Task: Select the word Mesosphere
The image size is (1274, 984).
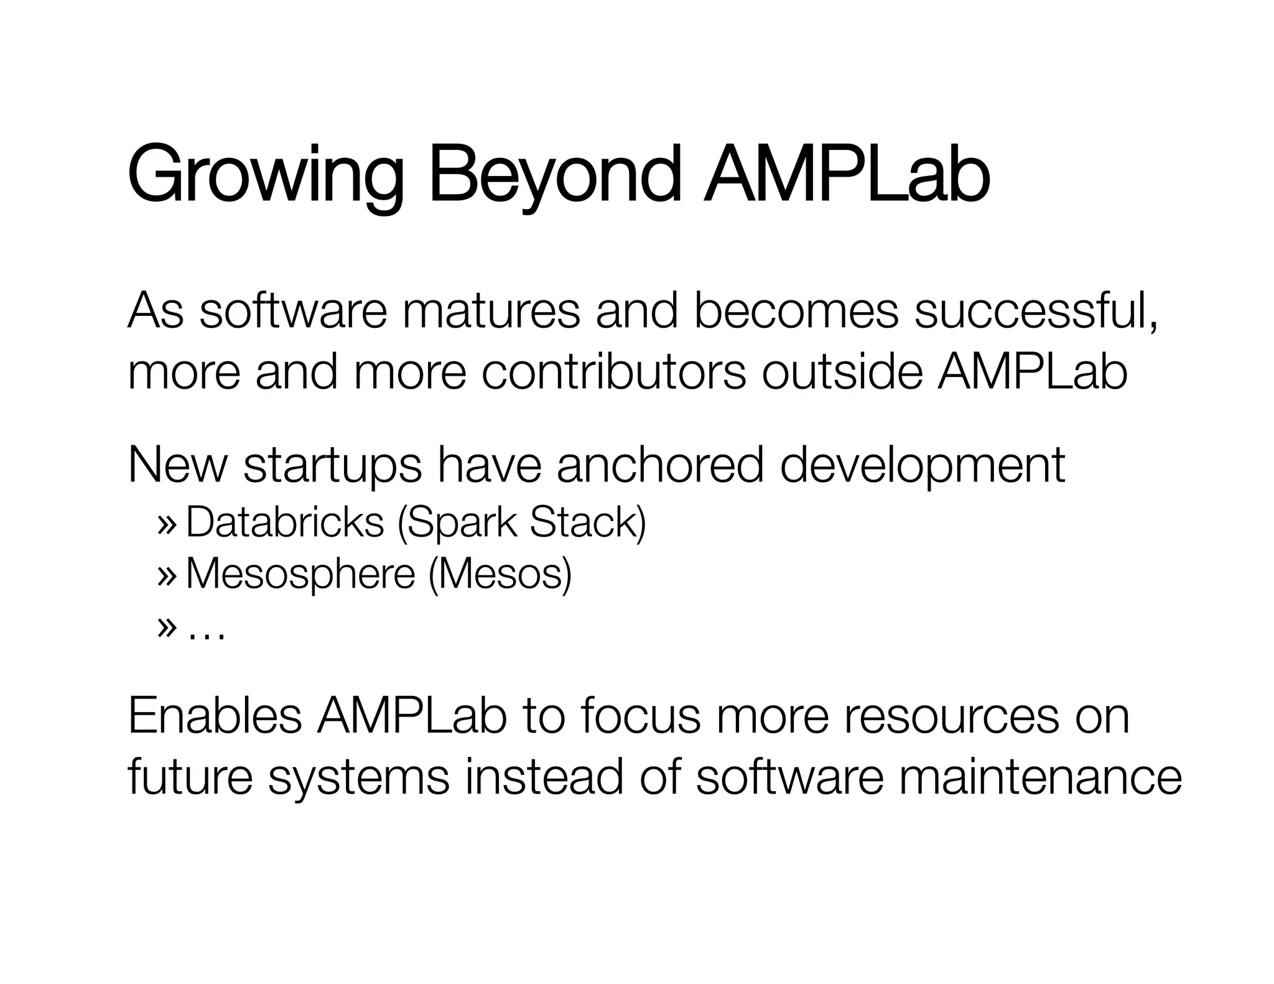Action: point(300,573)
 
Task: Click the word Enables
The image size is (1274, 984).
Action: point(215,717)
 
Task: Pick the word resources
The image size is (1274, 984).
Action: point(951,717)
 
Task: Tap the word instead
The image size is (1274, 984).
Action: point(544,777)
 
